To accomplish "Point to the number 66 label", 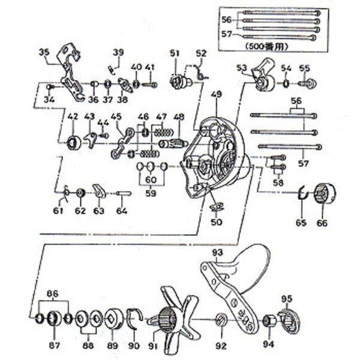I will click(322, 223).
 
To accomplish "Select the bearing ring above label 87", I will click(53, 317).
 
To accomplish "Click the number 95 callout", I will click(287, 298).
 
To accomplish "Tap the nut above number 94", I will click(268, 320).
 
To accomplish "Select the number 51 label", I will click(174, 53).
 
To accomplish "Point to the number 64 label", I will click(122, 211).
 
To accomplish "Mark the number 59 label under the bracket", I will click(150, 194).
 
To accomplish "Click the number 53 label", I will click(242, 67).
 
